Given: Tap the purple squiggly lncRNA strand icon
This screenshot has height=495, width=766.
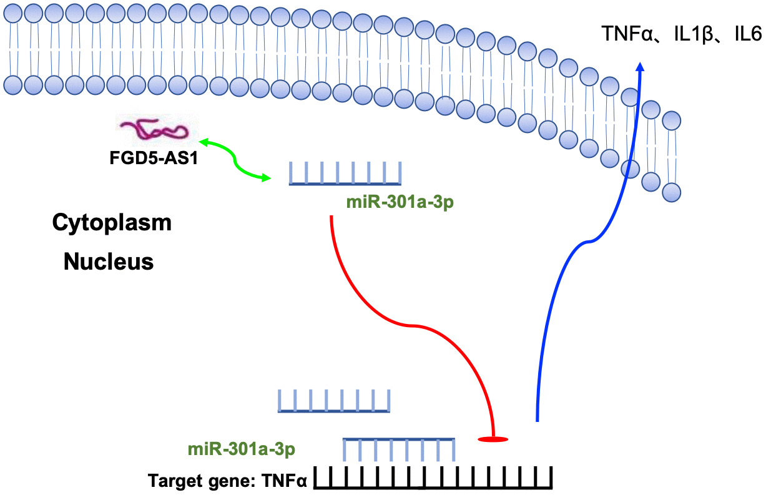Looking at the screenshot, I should pos(154,130).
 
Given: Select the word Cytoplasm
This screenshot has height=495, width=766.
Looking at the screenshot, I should pos(112,222).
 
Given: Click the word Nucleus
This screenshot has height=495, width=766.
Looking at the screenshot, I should pos(109,262).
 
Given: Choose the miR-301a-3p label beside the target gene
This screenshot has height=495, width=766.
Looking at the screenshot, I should pos(241,449).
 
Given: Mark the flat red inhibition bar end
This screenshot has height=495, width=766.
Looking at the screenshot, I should pos(493,439).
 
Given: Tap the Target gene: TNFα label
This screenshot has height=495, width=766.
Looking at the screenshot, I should pos(228,481).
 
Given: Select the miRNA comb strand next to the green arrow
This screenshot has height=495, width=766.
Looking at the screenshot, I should pos(345,174).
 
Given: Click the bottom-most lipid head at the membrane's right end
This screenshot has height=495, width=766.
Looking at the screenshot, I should pos(672,192).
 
